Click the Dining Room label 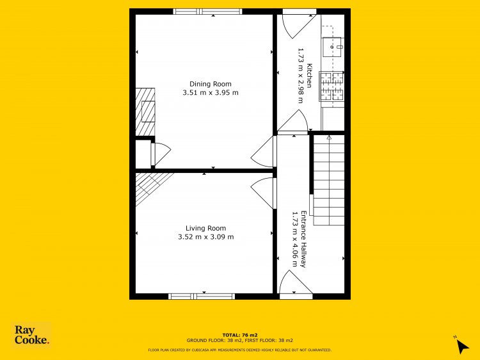[211, 84]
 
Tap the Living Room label [205, 228]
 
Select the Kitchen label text [310, 76]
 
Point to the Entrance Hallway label [303, 239]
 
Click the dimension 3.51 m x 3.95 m [211, 92]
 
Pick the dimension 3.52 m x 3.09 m [205, 237]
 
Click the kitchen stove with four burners [332, 86]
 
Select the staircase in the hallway [329, 181]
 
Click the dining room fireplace [145, 112]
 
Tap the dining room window [207, 12]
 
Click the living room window [202, 297]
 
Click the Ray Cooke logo [31, 335]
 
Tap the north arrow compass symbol [461, 345]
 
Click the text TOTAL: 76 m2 [240, 335]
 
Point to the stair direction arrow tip [329, 136]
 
